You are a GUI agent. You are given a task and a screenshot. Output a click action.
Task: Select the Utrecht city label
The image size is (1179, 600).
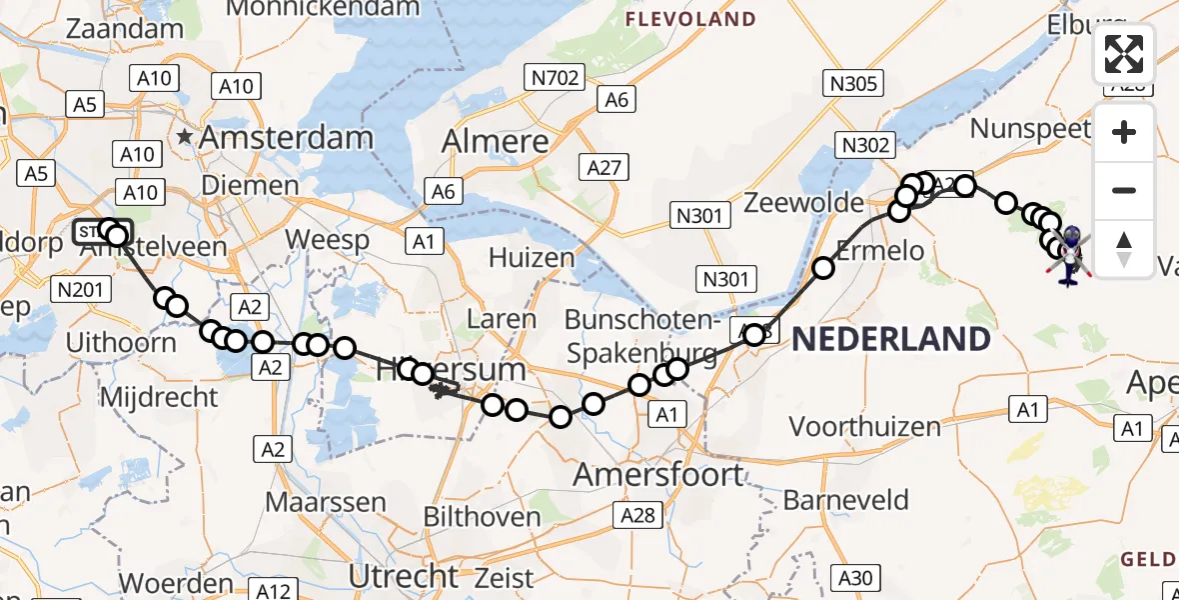pyautogui.click(x=404, y=576)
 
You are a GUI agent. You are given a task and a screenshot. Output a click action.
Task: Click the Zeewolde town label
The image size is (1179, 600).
pyautogui.click(x=804, y=203)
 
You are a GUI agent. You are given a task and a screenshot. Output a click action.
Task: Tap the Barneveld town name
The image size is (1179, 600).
pyautogui.click(x=846, y=500)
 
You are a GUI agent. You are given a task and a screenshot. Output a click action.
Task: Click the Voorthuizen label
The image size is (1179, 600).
pyautogui.click(x=865, y=427)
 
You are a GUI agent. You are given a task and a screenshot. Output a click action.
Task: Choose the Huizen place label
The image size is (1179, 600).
pyautogui.click(x=532, y=258)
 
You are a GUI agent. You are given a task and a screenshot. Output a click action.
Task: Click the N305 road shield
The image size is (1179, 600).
pyautogui.click(x=852, y=83)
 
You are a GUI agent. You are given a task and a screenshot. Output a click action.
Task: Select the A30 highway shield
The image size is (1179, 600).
pyautogui.click(x=855, y=577)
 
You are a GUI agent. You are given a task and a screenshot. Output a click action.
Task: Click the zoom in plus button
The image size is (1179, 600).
pyautogui.click(x=1124, y=132)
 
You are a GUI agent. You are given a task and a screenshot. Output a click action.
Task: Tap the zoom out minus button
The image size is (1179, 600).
pyautogui.click(x=1124, y=190)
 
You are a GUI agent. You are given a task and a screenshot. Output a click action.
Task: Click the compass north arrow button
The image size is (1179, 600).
pyautogui.click(x=1124, y=248)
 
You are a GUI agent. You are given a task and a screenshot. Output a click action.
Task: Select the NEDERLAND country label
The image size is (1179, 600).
pyautogui.click(x=891, y=339)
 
